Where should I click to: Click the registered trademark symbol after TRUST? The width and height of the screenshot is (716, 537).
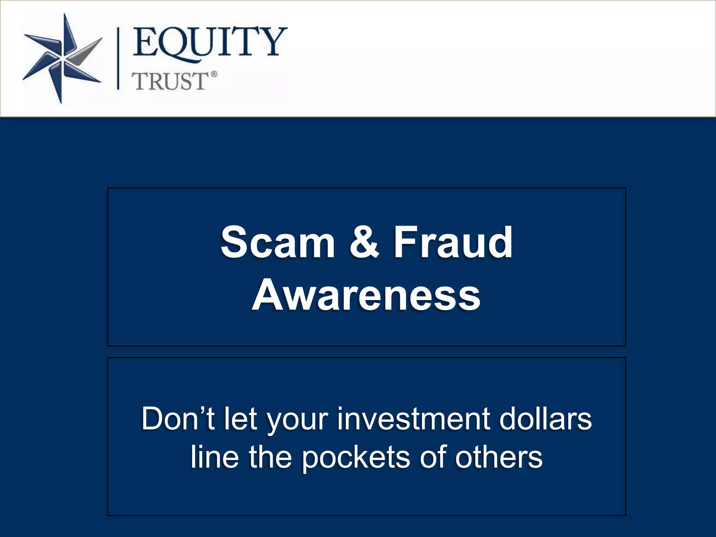(x=214, y=74)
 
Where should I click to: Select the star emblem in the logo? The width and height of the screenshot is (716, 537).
(x=62, y=58)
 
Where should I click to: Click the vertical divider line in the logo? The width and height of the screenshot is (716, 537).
(x=118, y=59)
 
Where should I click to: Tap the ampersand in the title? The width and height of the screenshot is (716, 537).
(x=364, y=242)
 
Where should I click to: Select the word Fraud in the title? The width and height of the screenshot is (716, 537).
(x=453, y=242)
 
